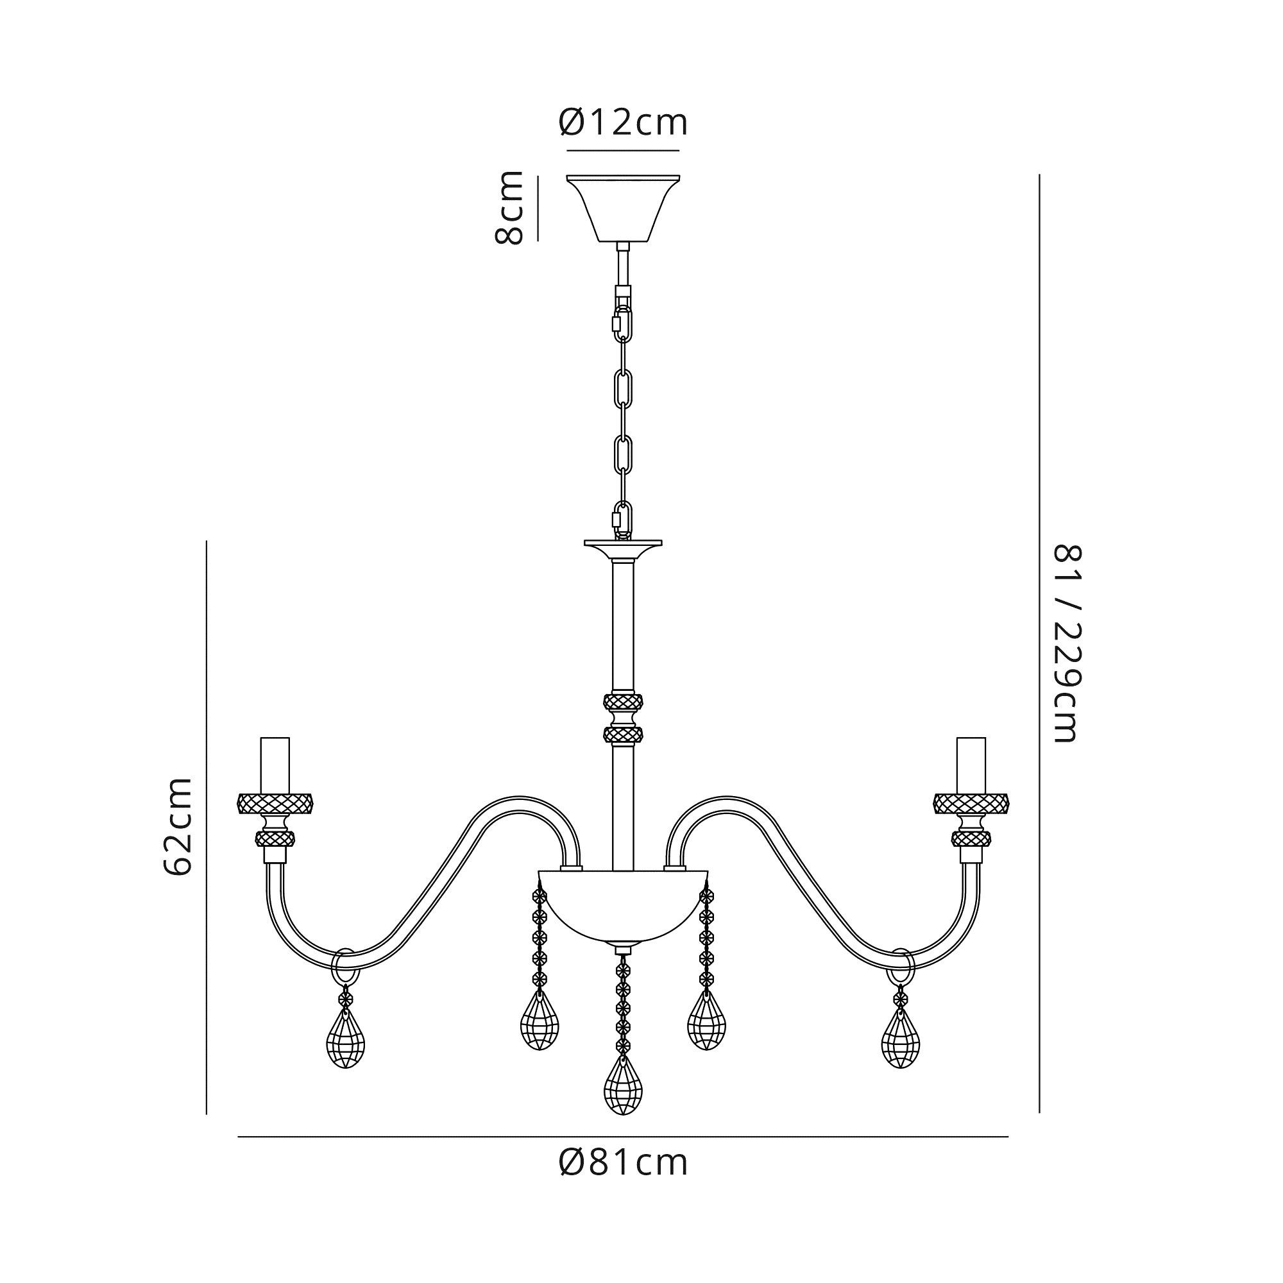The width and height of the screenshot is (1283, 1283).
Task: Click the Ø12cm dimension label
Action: click(x=623, y=124)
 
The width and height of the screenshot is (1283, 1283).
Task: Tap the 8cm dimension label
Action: click(x=509, y=208)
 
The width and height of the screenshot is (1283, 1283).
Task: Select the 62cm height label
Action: click(x=178, y=826)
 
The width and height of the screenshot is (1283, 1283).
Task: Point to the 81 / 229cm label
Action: click(x=1069, y=643)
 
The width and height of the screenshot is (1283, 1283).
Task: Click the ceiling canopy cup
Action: click(x=623, y=208)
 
